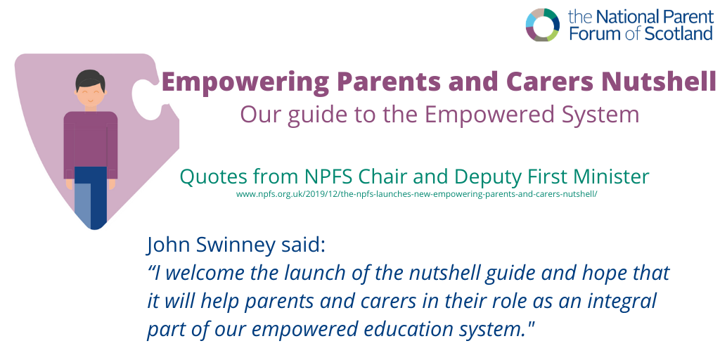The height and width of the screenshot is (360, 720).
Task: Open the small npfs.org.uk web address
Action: click(x=416, y=194)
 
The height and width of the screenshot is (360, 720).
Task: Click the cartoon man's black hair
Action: click(x=90, y=79)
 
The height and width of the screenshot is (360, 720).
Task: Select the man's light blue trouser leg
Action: click(x=82, y=204)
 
